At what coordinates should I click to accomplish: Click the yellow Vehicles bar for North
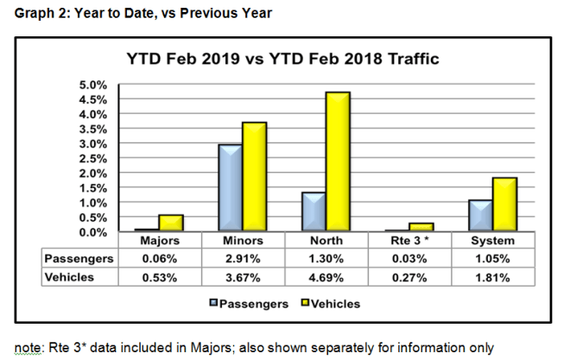pos(338,161)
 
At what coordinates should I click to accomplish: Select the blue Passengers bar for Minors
pos(229,188)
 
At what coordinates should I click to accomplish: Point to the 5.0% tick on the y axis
pos(93,85)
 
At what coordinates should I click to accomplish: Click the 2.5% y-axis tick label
pos(93,159)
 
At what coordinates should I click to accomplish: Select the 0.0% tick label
pos(93,232)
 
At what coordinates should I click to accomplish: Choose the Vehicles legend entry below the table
pos(327,303)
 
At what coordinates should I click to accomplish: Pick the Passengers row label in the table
pos(79,257)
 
